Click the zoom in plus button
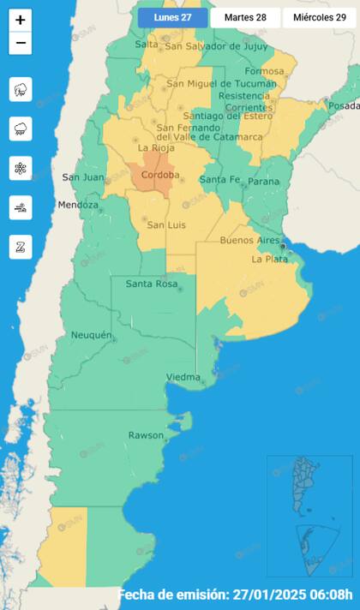(x=21, y=20)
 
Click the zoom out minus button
(x=21, y=43)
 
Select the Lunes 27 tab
(x=172, y=17)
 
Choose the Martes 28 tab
(x=244, y=17)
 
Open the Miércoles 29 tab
(x=319, y=17)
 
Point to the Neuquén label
(x=92, y=335)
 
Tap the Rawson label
(x=146, y=435)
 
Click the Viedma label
(x=183, y=377)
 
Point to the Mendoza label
(x=78, y=205)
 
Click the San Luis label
(x=167, y=224)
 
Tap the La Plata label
(x=269, y=259)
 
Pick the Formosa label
(x=264, y=71)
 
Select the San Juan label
(x=83, y=177)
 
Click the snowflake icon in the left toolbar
(x=21, y=168)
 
